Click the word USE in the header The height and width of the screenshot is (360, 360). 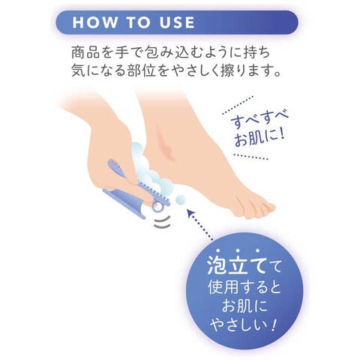pos(177,22)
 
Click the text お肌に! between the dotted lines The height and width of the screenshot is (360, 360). pos(259,138)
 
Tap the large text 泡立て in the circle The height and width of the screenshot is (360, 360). pos(235,265)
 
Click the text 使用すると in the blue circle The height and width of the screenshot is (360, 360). pos(244,287)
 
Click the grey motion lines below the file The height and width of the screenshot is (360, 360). pos(162,223)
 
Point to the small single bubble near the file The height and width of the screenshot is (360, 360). pos(180,199)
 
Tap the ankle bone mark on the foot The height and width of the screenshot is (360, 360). pos(163,142)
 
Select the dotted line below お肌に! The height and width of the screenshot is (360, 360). pos(251,157)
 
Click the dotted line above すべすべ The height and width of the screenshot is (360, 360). pos(238,106)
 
